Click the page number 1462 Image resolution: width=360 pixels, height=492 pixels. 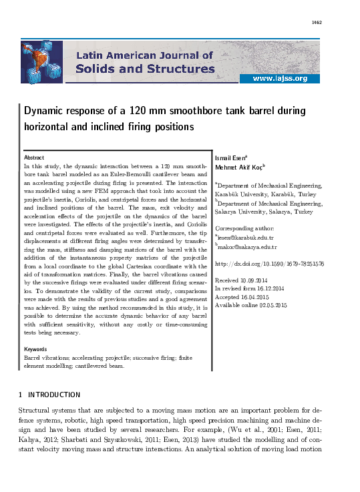(317, 23)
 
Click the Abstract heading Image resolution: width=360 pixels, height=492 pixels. (34, 157)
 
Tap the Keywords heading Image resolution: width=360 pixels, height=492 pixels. (35, 349)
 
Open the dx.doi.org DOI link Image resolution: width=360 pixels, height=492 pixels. (269, 264)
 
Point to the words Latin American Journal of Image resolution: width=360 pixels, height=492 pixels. (147, 55)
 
